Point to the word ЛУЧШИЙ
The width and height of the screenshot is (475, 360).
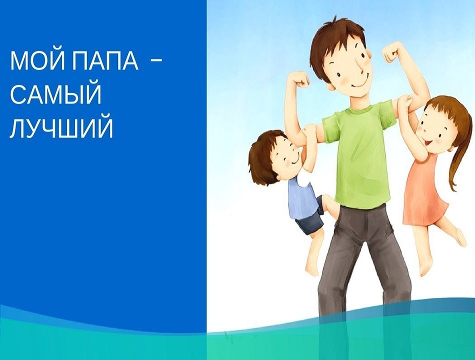coord(61,129)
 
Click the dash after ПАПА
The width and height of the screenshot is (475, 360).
coord(156,61)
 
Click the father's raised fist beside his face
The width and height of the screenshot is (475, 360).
coord(394,53)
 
